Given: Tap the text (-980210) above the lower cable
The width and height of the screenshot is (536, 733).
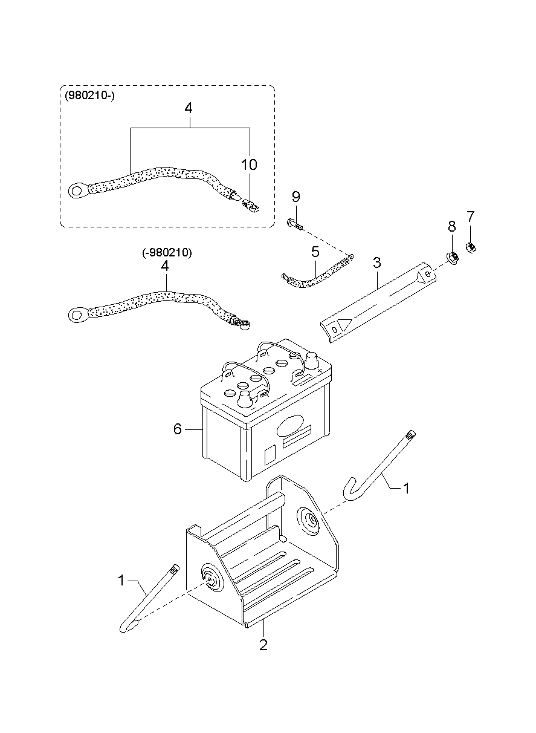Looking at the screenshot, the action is (x=167, y=252).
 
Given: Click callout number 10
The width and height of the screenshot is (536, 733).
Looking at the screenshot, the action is (x=249, y=165).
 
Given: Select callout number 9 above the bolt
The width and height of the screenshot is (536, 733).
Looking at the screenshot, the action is (x=295, y=197).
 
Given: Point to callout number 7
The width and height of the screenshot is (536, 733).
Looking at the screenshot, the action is (x=470, y=217).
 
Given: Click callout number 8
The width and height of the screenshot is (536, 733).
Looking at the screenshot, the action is (x=451, y=226).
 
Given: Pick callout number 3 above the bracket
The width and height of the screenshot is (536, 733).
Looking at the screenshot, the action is (x=376, y=262).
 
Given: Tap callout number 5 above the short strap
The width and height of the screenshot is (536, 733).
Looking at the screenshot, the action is (x=315, y=252).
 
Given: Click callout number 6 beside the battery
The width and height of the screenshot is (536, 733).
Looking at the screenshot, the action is (x=177, y=429).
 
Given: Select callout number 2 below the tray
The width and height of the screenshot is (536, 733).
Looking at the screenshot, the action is (x=263, y=645).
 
